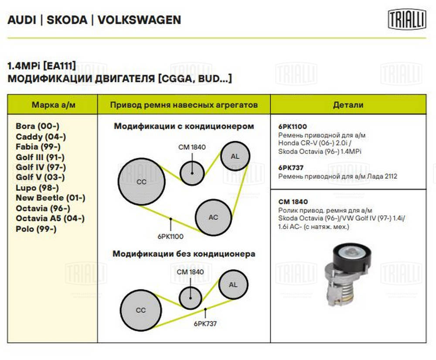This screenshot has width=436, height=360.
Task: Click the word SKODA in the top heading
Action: coord(67,20)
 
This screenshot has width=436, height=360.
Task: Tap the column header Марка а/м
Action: coord(52,105)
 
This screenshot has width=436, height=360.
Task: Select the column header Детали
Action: coord(348,105)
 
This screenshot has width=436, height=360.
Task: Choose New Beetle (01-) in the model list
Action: coord(50,198)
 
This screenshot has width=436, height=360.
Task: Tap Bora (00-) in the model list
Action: coord(37,126)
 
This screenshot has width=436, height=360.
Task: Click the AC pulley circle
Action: coord(213,217)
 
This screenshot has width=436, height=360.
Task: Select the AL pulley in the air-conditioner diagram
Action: coord(235,156)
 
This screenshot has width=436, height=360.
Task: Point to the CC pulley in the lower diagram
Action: coord(140,310)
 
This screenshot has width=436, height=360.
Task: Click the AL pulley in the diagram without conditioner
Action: coord(233,285)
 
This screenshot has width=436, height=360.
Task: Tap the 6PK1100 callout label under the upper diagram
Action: coord(170,237)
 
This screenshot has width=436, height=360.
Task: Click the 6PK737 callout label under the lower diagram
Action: coord(205,324)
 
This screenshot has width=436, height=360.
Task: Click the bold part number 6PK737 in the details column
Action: coord(291,167)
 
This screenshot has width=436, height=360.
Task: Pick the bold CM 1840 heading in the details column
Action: coord(293,202)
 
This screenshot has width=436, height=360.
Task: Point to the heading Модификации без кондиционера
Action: coord(184,254)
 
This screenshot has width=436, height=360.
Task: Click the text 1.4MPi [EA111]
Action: coord(42,66)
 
